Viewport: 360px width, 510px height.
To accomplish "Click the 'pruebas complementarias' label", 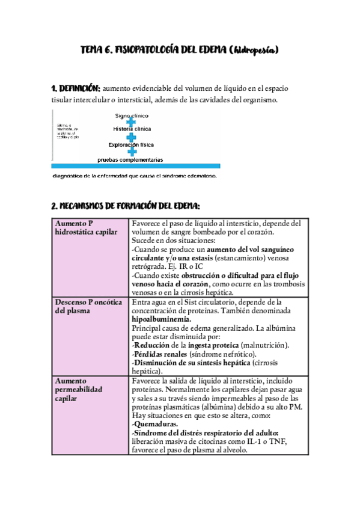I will pyautogui.click(x=131, y=159).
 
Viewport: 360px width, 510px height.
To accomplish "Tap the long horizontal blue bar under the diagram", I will pyautogui.click(x=136, y=166).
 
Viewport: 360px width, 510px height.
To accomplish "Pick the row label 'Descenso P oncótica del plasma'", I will pyautogui.click(x=89, y=306).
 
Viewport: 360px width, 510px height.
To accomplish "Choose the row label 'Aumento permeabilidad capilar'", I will pyautogui.click(x=79, y=389).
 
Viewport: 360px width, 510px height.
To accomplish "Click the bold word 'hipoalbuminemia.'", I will pyautogui.click(x=159, y=320).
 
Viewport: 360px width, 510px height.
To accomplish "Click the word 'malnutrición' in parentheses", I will pyautogui.click(x=264, y=345).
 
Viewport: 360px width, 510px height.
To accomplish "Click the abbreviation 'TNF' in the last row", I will pyautogui.click(x=278, y=441).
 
